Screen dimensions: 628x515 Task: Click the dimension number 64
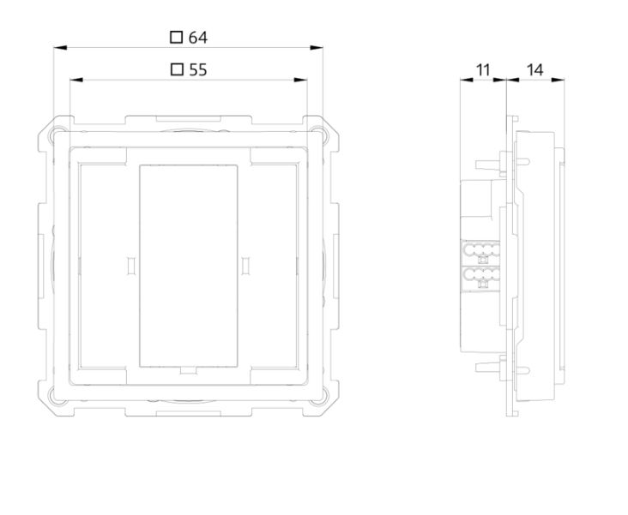(198, 38)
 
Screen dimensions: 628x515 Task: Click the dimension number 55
(198, 70)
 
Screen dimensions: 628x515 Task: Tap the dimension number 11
(483, 70)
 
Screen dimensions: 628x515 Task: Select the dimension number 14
(535, 70)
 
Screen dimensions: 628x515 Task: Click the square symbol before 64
(176, 37)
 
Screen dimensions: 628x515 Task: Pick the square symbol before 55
(177, 69)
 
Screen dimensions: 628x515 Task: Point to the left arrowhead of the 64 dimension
(60, 48)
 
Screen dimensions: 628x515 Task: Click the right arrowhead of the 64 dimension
(317, 48)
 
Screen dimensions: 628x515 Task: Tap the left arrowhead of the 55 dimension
(76, 80)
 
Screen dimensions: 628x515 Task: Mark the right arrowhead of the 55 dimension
(300, 80)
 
